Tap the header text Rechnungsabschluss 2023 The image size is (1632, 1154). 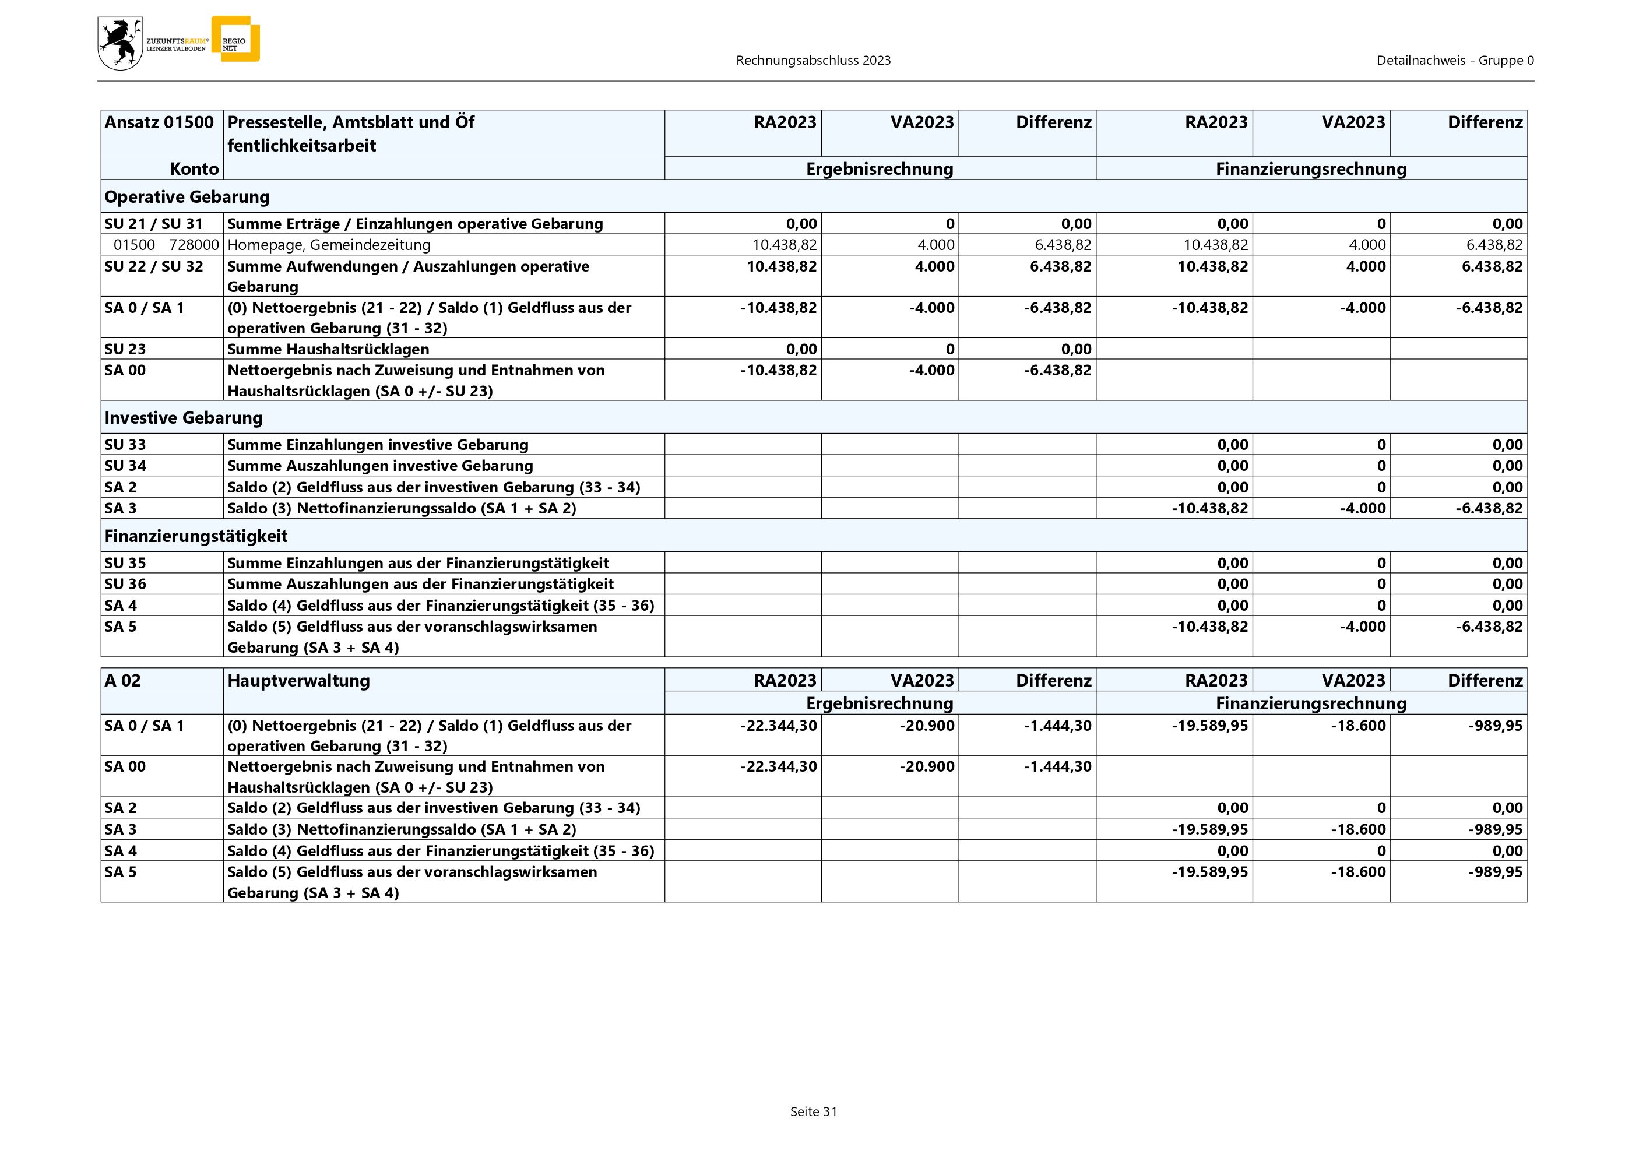(813, 61)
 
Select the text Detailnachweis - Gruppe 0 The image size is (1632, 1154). (1455, 61)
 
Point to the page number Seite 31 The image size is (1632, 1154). (813, 1111)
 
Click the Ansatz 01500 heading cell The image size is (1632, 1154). (159, 122)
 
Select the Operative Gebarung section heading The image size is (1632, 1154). (187, 197)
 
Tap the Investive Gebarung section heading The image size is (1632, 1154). (184, 418)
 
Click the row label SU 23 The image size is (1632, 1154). (125, 349)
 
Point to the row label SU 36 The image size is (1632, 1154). (125, 584)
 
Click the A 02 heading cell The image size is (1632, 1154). (122, 681)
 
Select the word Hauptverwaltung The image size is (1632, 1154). (298, 681)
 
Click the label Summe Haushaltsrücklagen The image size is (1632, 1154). (328, 349)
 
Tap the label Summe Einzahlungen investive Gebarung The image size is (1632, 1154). (378, 445)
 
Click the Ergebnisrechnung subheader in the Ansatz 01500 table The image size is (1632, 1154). (880, 169)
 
